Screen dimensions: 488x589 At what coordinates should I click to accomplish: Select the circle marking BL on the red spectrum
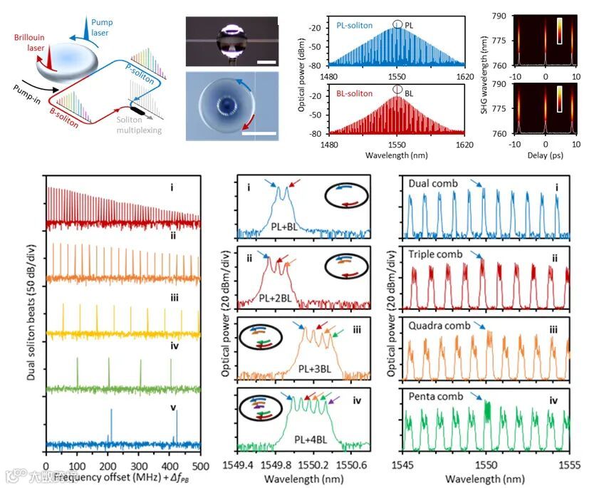(396, 90)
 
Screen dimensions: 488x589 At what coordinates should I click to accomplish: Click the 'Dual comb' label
(433, 184)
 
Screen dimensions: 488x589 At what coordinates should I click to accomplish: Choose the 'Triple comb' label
(435, 254)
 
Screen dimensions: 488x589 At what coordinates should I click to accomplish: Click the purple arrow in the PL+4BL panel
(335, 400)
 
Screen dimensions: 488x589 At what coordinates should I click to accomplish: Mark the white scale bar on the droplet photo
(264, 63)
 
